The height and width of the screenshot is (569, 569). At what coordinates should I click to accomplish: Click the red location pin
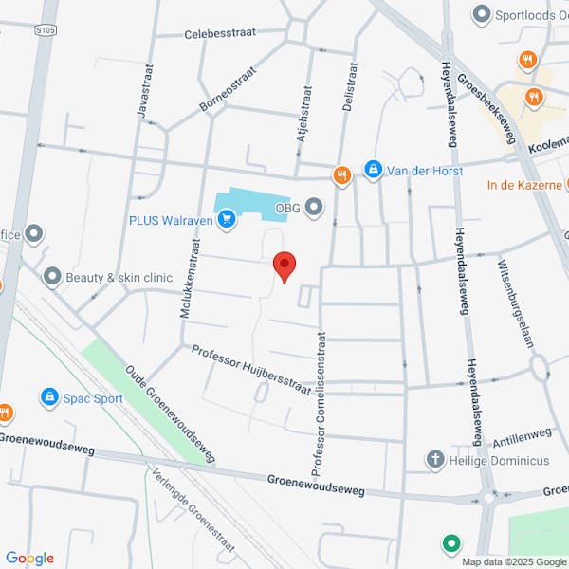pyautogui.click(x=284, y=265)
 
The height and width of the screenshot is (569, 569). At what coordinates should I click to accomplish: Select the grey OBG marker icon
pyautogui.click(x=314, y=206)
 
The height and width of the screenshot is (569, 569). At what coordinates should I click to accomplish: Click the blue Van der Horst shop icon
pyautogui.click(x=374, y=171)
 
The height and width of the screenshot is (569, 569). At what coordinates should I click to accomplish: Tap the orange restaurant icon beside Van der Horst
pyautogui.click(x=341, y=174)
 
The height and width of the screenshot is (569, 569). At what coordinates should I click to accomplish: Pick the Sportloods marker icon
pyautogui.click(x=483, y=14)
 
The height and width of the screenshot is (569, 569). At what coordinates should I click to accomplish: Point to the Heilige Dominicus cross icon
pyautogui.click(x=434, y=460)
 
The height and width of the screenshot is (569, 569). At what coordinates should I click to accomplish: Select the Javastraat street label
pyautogui.click(x=145, y=93)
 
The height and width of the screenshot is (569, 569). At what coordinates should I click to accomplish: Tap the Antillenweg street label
pyautogui.click(x=522, y=439)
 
